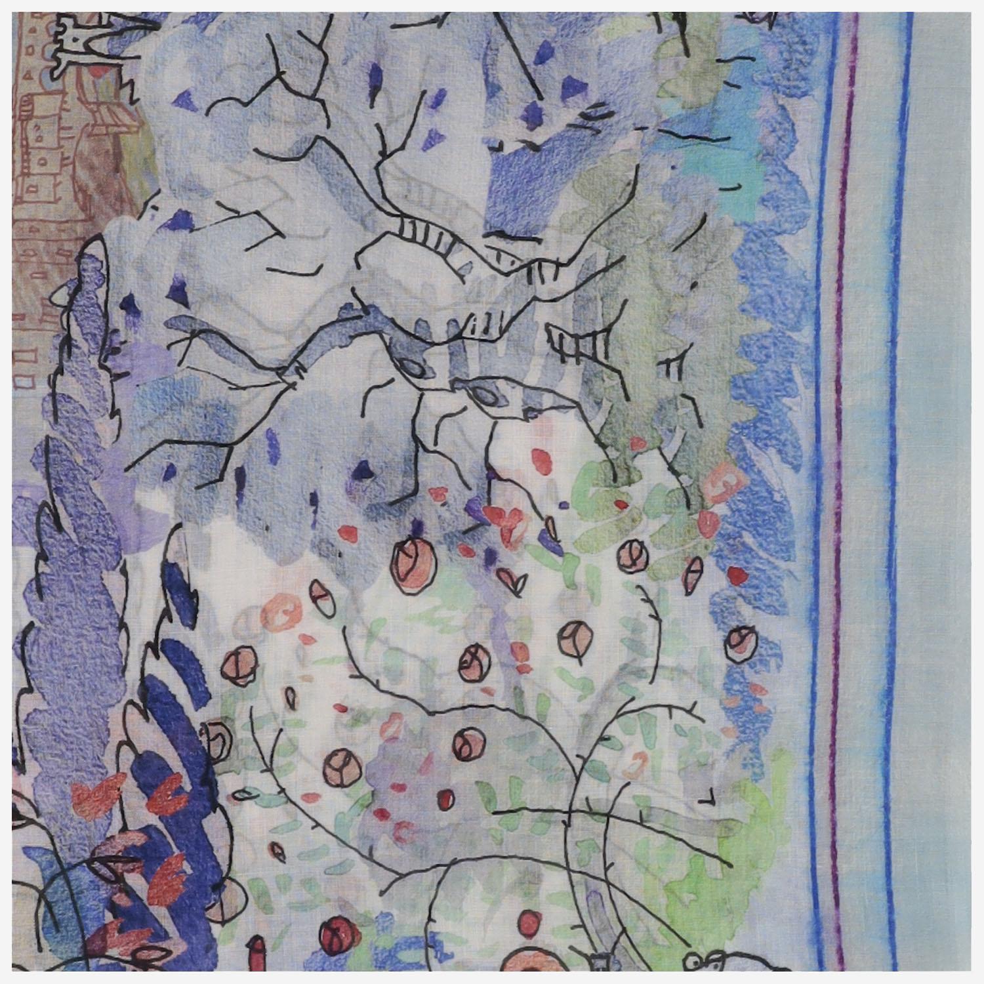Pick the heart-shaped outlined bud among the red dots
(511, 577)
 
